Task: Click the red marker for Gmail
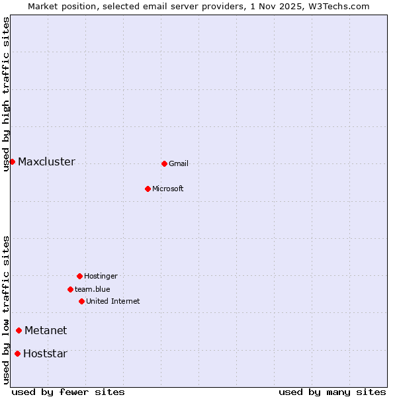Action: (164, 163)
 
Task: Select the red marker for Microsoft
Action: (148, 189)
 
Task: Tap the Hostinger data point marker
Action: (79, 276)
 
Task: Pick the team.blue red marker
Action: (70, 289)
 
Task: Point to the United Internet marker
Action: (81, 301)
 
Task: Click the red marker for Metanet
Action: (19, 330)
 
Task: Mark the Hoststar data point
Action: (17, 353)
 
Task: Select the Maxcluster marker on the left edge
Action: (12, 161)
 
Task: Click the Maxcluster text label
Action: (46, 162)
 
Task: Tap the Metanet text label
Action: (46, 331)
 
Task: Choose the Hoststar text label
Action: (45, 354)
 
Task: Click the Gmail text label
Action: (179, 164)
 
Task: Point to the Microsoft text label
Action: (168, 189)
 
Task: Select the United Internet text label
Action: (113, 302)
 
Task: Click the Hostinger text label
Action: (101, 277)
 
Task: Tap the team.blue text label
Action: (93, 290)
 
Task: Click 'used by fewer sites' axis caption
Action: (68, 392)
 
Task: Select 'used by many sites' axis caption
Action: (332, 392)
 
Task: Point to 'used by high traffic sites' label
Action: (6, 94)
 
